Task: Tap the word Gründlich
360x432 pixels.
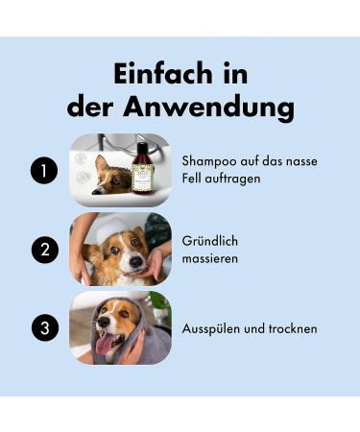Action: point(211,241)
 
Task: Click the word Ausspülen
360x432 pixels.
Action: point(211,329)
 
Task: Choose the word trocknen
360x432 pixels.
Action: point(289,329)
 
